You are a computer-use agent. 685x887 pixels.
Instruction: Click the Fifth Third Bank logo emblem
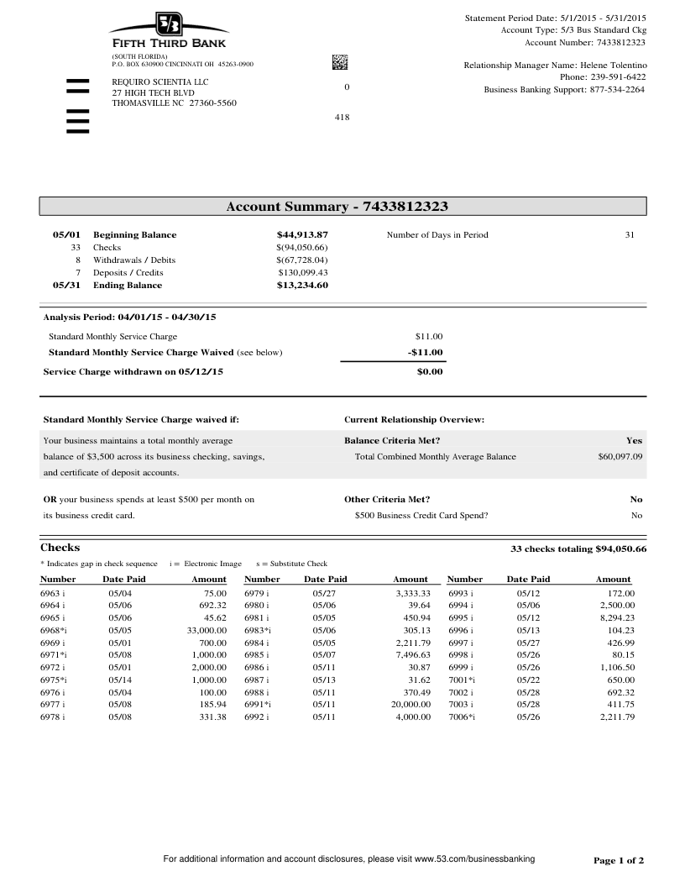(x=170, y=24)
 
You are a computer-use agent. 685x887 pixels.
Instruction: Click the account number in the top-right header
(x=620, y=42)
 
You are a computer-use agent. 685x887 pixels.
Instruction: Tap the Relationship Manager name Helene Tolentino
(x=613, y=65)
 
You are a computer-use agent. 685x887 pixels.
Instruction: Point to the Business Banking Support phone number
(x=617, y=89)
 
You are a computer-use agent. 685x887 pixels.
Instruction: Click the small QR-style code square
(x=340, y=61)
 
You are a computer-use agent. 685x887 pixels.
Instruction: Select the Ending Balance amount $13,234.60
(x=302, y=286)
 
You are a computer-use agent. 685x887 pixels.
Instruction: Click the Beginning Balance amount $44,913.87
(x=302, y=235)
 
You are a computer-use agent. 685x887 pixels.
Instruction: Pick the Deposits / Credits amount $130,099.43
(x=302, y=273)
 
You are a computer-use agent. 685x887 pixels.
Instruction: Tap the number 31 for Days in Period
(x=630, y=235)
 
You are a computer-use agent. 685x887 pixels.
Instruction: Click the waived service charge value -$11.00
(x=426, y=353)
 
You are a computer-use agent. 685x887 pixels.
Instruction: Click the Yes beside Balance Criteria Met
(x=634, y=440)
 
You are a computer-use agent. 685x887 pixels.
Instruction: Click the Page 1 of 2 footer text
(x=619, y=861)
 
